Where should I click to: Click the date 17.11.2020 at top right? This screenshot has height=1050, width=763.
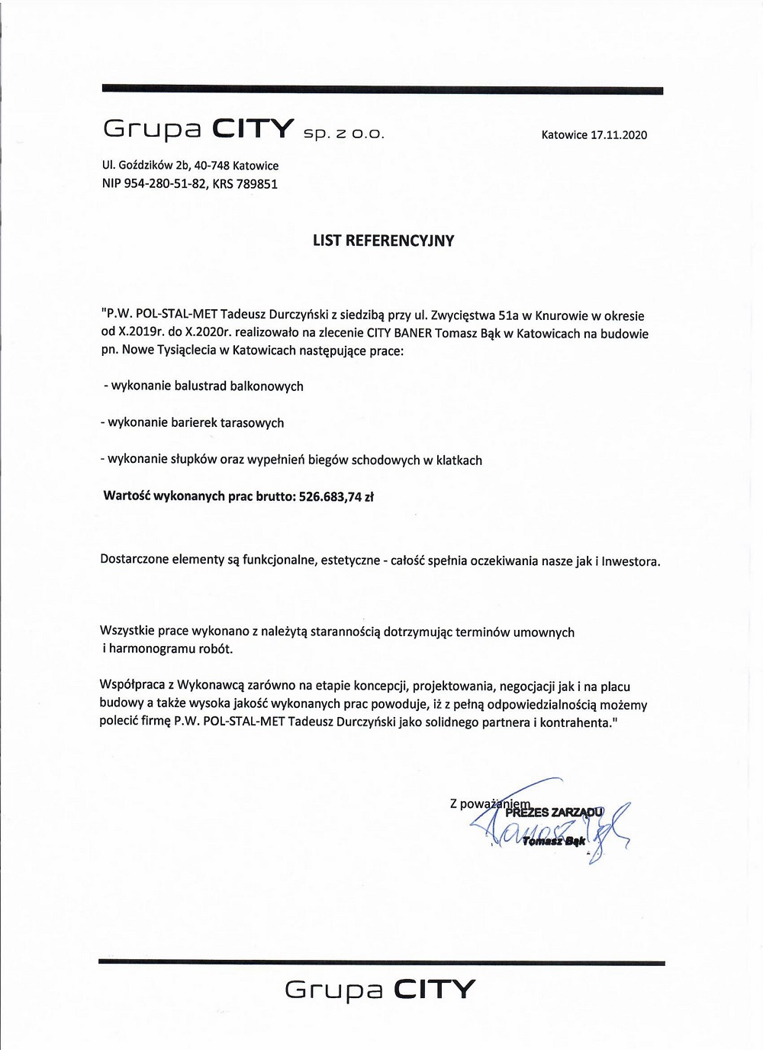(619, 135)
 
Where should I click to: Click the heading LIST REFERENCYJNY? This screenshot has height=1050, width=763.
(383, 241)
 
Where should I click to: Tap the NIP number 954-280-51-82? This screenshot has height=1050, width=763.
(165, 184)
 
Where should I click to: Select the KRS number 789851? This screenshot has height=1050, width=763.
(257, 184)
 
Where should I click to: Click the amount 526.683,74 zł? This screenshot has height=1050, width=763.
(336, 497)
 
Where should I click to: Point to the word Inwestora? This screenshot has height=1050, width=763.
(630, 562)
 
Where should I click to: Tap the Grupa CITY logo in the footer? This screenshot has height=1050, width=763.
(380, 990)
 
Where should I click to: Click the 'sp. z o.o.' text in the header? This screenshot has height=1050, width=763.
(343, 134)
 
